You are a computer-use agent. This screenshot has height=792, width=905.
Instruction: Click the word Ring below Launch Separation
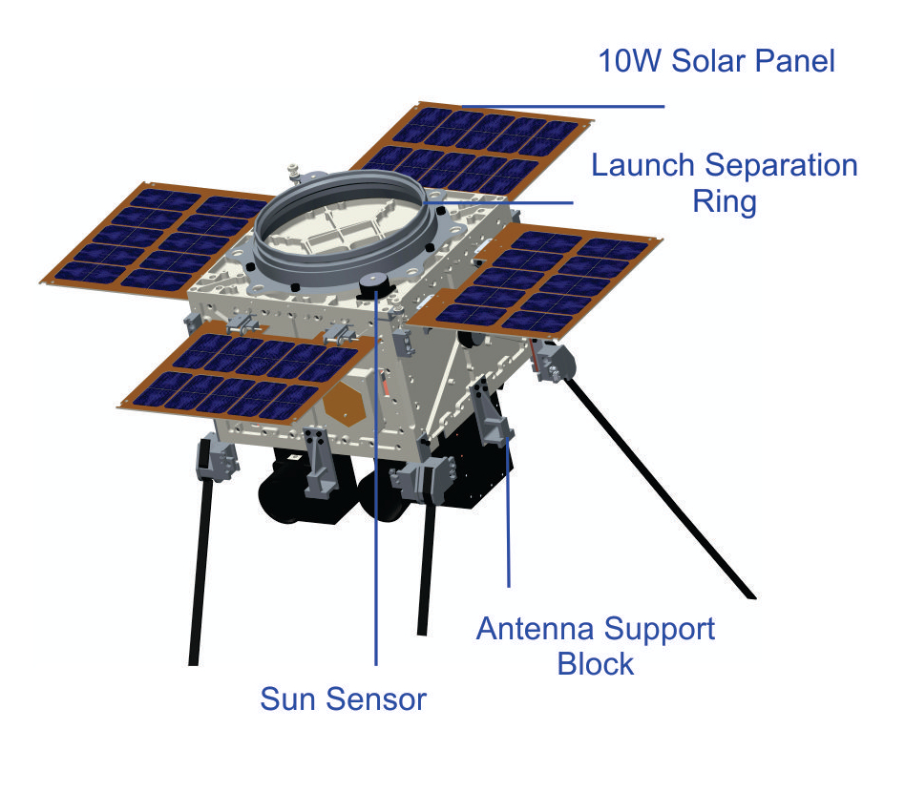[725, 202]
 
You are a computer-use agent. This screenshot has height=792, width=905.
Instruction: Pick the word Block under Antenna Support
[596, 663]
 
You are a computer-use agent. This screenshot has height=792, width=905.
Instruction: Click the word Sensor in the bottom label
[376, 699]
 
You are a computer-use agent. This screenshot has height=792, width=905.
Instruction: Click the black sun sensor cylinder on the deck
[374, 285]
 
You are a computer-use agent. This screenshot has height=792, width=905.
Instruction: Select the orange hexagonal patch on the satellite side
[346, 404]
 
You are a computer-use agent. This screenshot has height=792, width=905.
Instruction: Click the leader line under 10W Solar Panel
[562, 106]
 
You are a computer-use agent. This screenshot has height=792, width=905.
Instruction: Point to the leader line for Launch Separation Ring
[498, 202]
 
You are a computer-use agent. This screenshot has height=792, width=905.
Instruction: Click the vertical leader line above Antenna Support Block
[509, 512]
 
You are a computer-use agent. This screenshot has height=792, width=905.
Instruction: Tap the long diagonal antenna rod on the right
[659, 488]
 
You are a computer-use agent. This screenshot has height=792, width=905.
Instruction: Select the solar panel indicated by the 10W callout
[473, 148]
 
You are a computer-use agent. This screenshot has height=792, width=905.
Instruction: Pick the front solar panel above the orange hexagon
[246, 373]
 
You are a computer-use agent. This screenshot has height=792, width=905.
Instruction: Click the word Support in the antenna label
[659, 630]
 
